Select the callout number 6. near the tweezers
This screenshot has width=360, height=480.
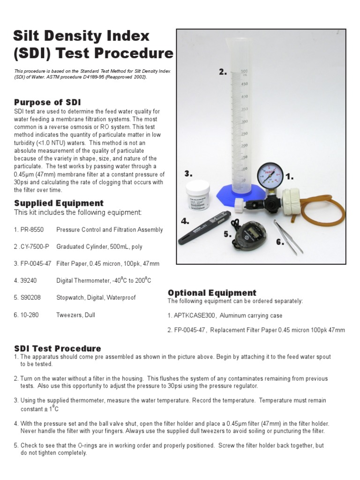point(280,242)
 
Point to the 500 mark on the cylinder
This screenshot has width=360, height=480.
point(244,71)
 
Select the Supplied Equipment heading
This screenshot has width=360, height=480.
point(59,203)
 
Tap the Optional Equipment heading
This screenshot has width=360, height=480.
point(212,293)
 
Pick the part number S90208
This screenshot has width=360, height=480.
point(30,298)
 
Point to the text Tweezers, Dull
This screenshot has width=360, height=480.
point(75,315)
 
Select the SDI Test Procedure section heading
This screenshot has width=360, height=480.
point(58,348)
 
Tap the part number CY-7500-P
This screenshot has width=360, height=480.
point(33,247)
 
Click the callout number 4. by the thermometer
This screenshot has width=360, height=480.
point(185,221)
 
